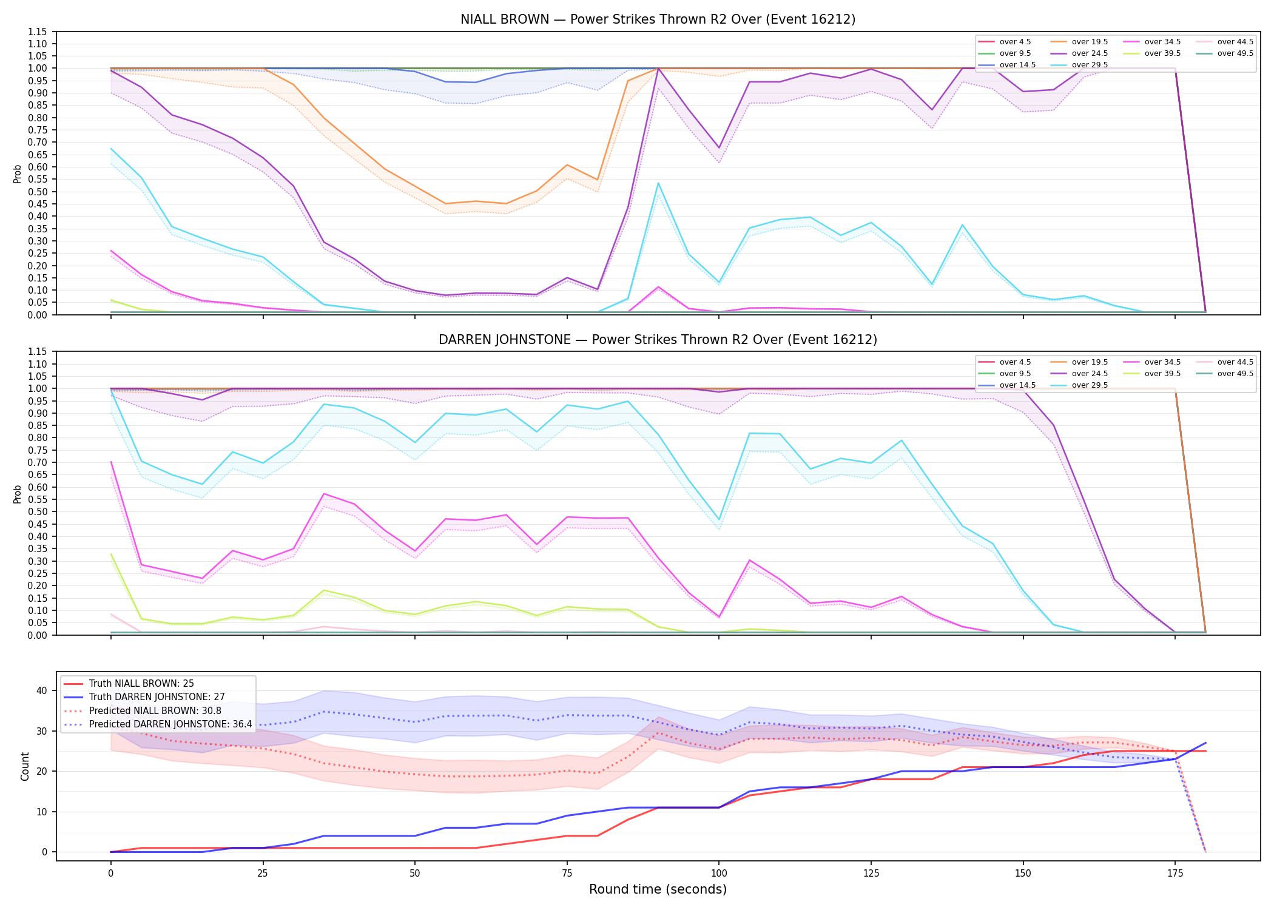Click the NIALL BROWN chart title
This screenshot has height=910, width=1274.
coord(658,19)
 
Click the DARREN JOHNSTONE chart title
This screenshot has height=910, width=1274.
coord(658,340)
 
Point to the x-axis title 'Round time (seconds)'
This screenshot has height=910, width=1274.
coord(658,889)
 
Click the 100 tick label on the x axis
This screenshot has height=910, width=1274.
coord(719,874)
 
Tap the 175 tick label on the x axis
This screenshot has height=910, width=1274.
coord(1175,874)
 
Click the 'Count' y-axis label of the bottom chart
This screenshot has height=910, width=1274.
coord(25,766)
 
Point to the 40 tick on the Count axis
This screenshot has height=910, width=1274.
coord(42,690)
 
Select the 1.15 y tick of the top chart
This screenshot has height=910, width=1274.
coord(38,32)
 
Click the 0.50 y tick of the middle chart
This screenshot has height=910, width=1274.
coord(38,511)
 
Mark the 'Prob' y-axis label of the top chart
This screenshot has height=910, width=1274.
coord(18,174)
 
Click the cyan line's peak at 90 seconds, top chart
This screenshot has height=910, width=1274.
coord(658,183)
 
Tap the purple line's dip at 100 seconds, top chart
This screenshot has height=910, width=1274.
coord(719,148)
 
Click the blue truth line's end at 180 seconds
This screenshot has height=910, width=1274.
coord(1205,743)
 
